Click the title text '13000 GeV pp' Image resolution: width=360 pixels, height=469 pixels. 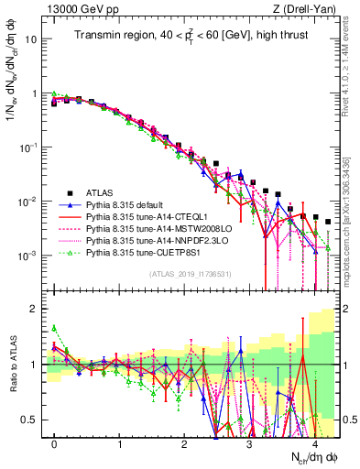[x=76, y=9]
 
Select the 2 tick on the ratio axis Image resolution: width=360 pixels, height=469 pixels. [x=38, y=309]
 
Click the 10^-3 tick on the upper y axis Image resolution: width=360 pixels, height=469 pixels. [x=31, y=254]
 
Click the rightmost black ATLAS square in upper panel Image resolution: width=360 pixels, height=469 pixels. [x=327, y=223]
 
